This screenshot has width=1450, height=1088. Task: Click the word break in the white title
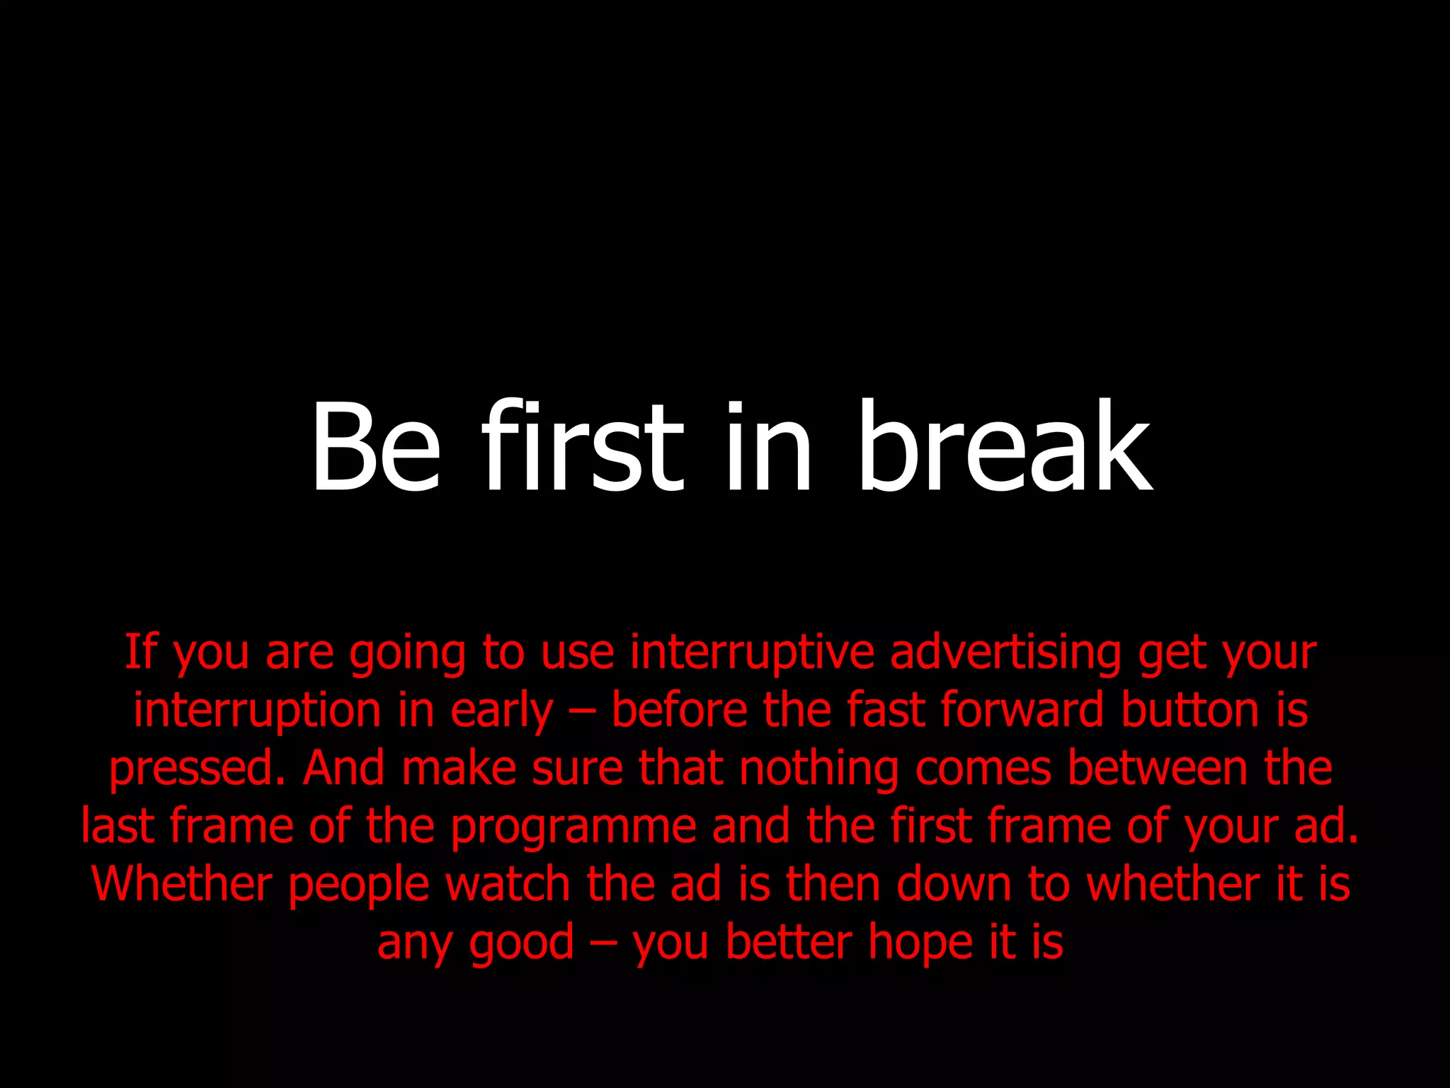tap(1005, 446)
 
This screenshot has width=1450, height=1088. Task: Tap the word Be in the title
tap(376, 446)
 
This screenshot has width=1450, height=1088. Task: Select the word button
tap(1190, 710)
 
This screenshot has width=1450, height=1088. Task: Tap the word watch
tap(508, 885)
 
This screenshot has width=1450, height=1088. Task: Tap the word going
tap(407, 653)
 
